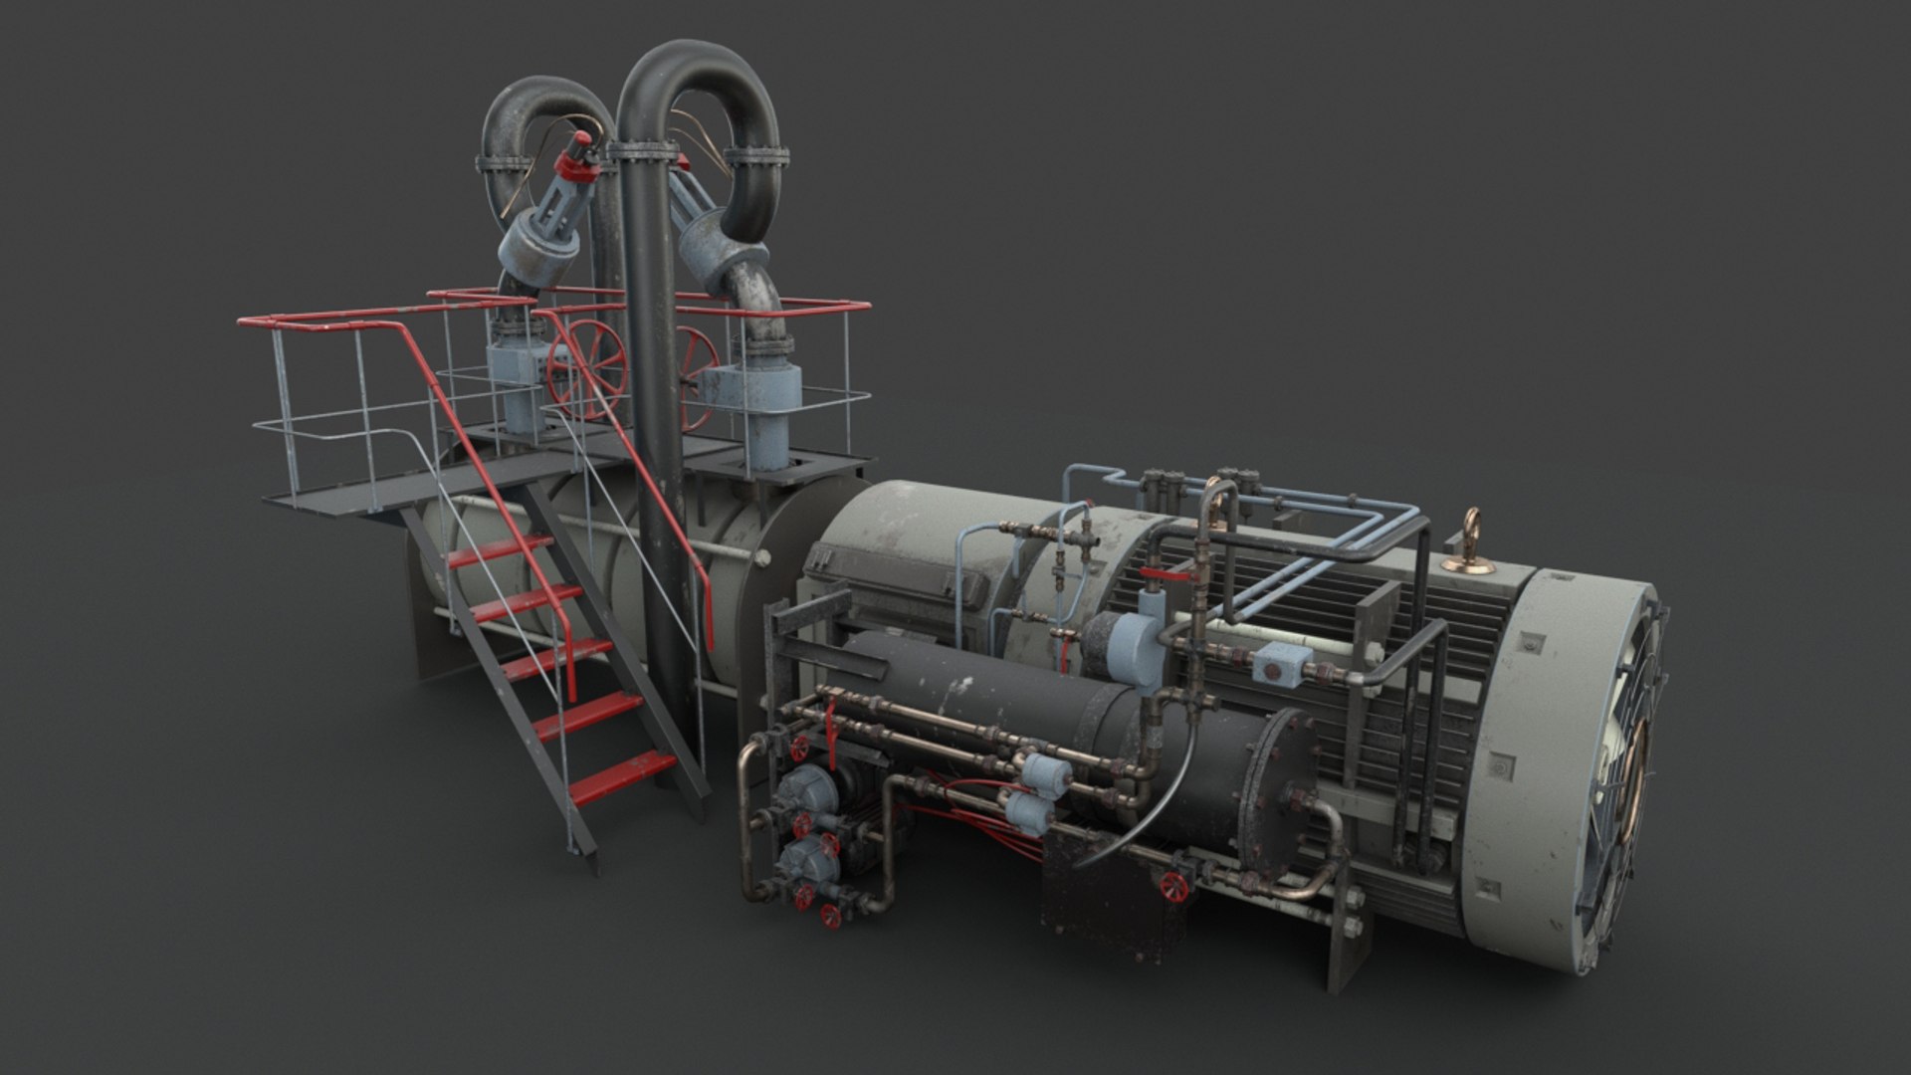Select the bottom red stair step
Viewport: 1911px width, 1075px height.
(622, 776)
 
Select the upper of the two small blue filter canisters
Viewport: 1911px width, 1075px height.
(1043, 770)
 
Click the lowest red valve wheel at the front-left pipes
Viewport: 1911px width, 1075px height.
(831, 916)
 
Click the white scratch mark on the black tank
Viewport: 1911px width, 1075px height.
(960, 687)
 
